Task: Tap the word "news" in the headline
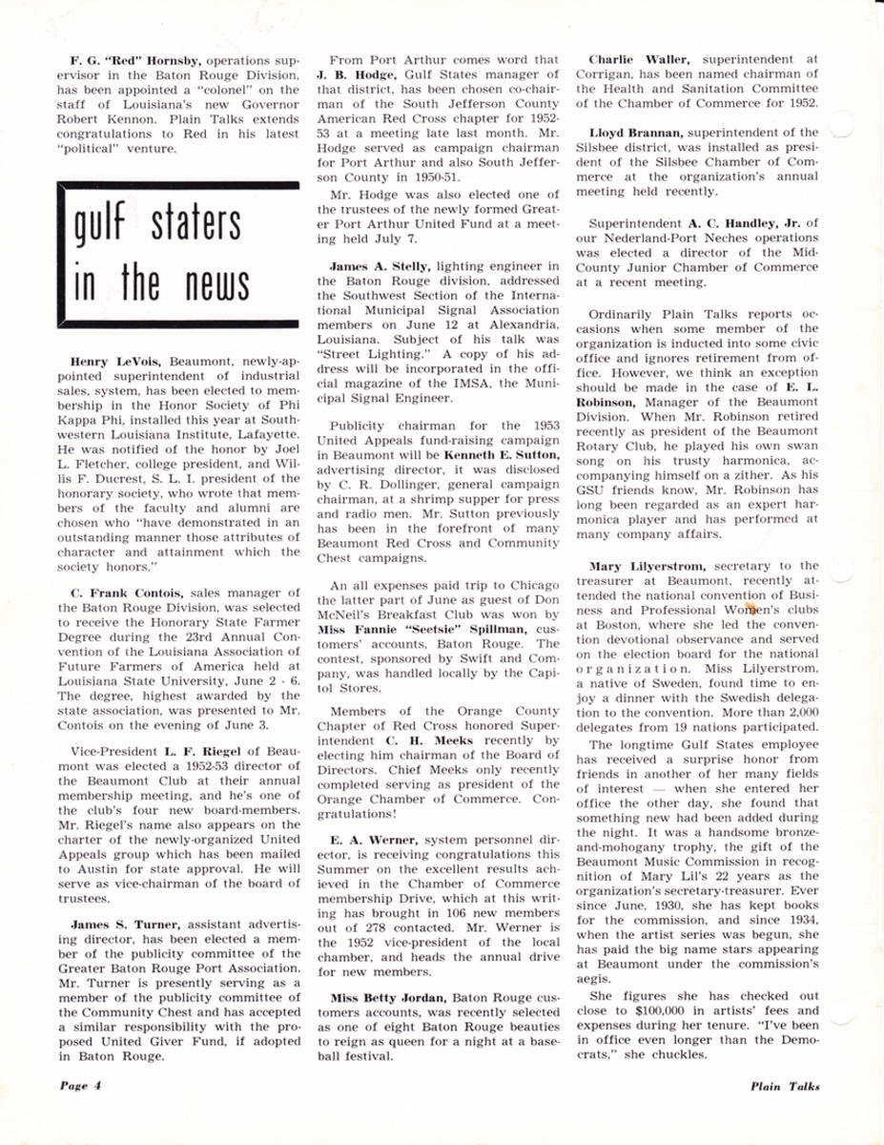click(204, 283)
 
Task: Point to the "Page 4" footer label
click(76, 1086)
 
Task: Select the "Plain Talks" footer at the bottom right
click(784, 1086)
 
